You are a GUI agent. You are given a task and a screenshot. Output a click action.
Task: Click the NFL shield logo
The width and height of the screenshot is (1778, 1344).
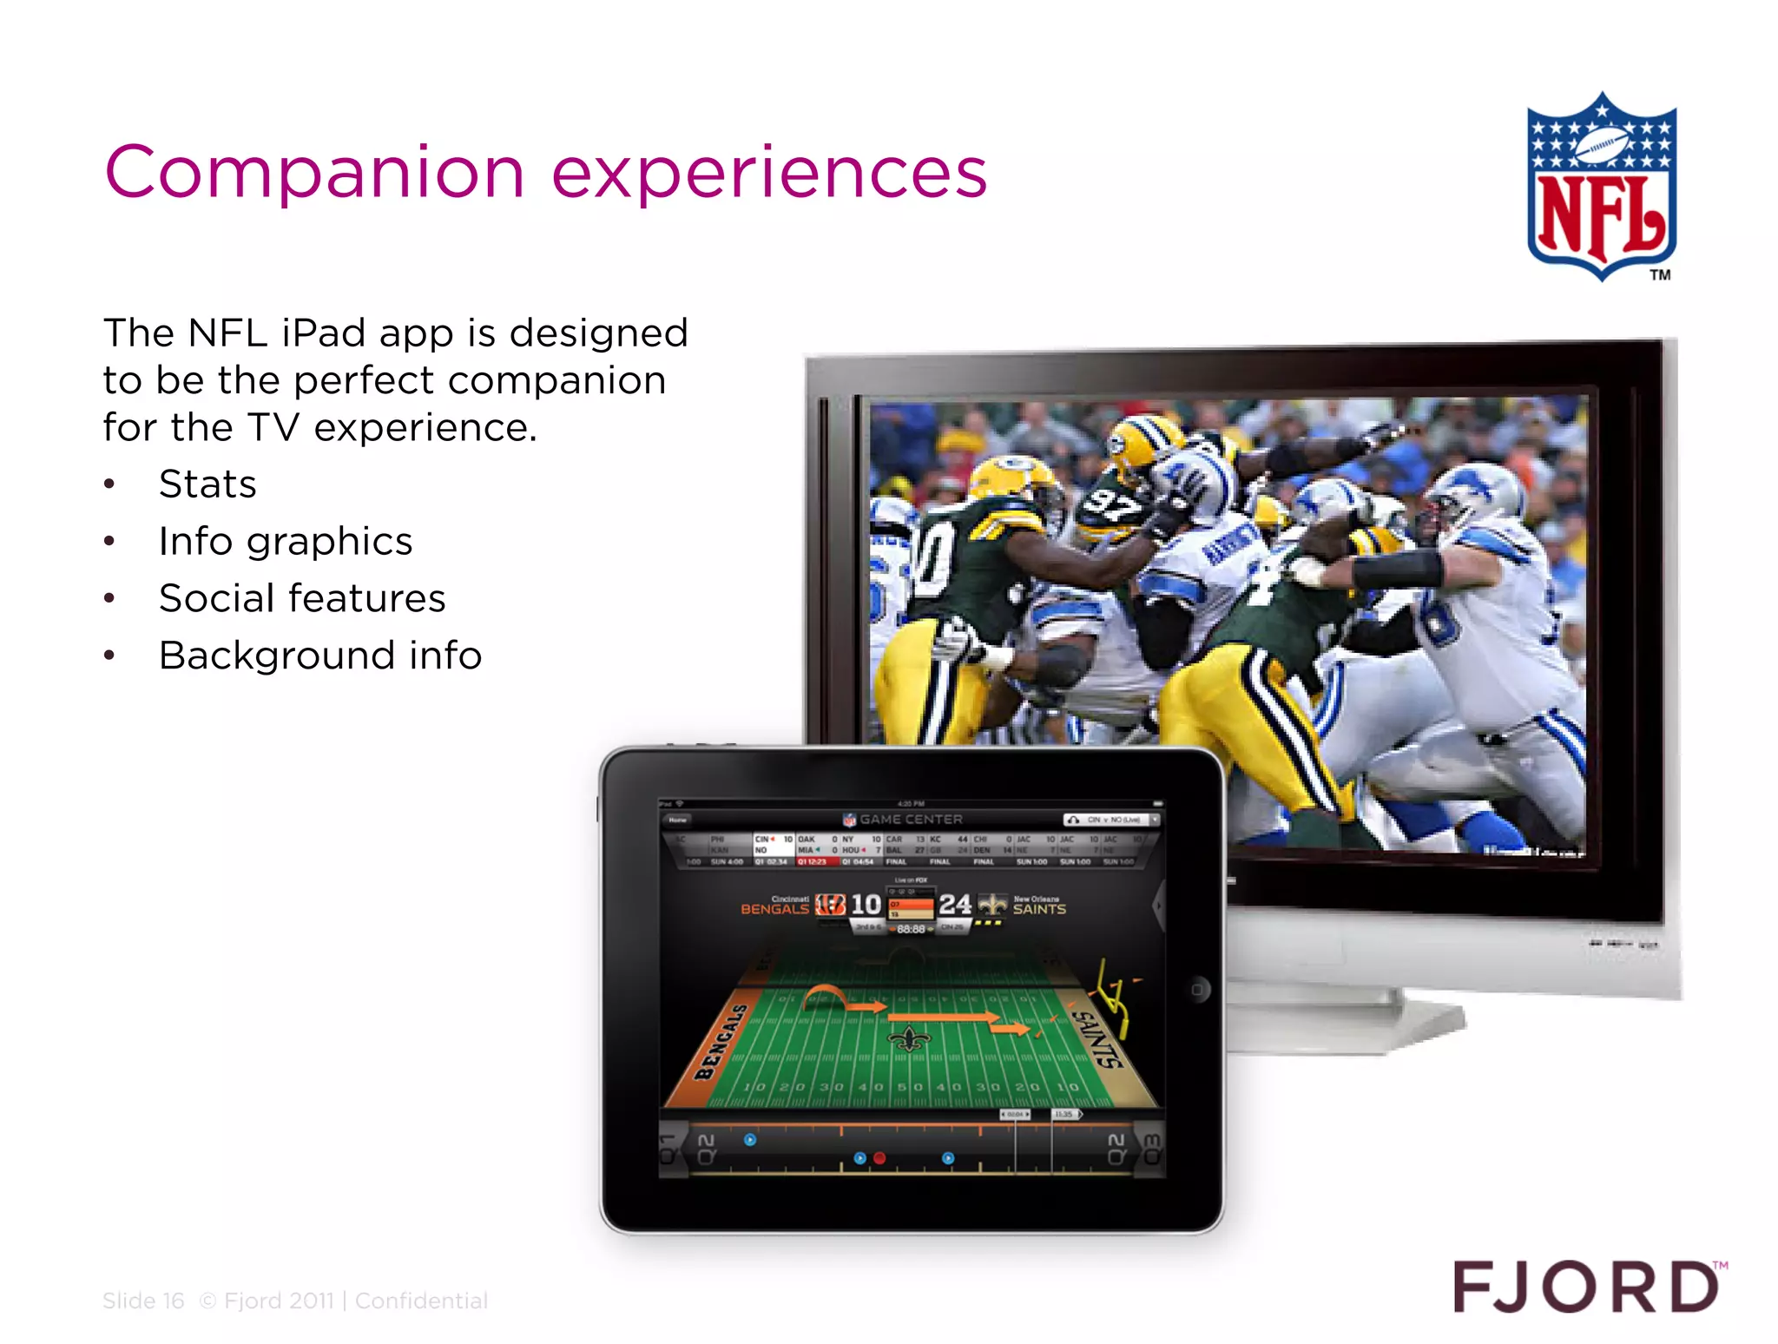[1602, 187]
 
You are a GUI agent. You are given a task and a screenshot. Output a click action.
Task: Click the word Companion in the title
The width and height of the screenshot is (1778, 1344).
[314, 172]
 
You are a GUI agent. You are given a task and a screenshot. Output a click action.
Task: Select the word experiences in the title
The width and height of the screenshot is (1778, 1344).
[769, 172]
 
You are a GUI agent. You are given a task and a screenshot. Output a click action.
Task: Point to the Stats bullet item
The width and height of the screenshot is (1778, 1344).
[207, 484]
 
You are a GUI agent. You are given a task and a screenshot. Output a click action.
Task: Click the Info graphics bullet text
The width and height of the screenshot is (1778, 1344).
[285, 541]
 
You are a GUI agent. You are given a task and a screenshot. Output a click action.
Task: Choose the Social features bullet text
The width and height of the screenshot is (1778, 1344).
[302, 598]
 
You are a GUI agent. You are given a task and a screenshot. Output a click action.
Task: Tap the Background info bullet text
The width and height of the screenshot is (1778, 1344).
[319, 656]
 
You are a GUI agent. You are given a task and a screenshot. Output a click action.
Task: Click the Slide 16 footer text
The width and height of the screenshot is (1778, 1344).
[143, 1301]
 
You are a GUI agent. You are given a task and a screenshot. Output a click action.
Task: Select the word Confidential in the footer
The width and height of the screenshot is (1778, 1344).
[421, 1301]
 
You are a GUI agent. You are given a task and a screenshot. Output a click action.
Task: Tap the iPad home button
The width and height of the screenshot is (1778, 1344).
[1198, 990]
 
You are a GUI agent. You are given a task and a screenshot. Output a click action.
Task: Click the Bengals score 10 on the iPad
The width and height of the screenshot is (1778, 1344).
[866, 905]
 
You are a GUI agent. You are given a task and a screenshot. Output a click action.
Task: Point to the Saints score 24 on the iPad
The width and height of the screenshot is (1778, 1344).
[954, 905]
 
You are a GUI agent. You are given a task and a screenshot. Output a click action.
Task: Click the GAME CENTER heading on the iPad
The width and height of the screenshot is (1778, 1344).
[911, 819]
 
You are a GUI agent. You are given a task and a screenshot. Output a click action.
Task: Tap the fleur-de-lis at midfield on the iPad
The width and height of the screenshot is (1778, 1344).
[909, 1038]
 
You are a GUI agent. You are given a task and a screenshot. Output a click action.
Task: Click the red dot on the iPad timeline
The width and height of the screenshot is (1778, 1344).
[879, 1158]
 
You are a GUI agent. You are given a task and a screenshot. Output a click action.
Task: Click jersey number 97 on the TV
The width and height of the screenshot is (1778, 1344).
[1110, 504]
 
